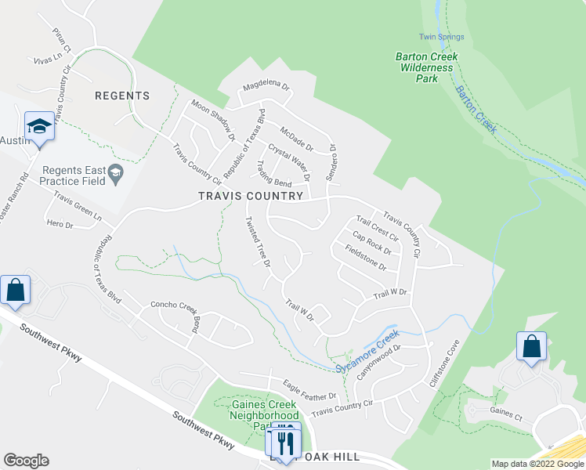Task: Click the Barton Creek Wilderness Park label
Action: (x=426, y=67)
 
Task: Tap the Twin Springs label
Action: (x=441, y=37)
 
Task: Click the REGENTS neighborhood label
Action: (x=121, y=96)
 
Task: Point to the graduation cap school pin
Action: (x=38, y=126)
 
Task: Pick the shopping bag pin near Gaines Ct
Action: (x=531, y=346)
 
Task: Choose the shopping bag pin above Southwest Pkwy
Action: (x=16, y=290)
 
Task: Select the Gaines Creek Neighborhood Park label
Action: (x=265, y=415)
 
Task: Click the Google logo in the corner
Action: (x=26, y=461)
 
